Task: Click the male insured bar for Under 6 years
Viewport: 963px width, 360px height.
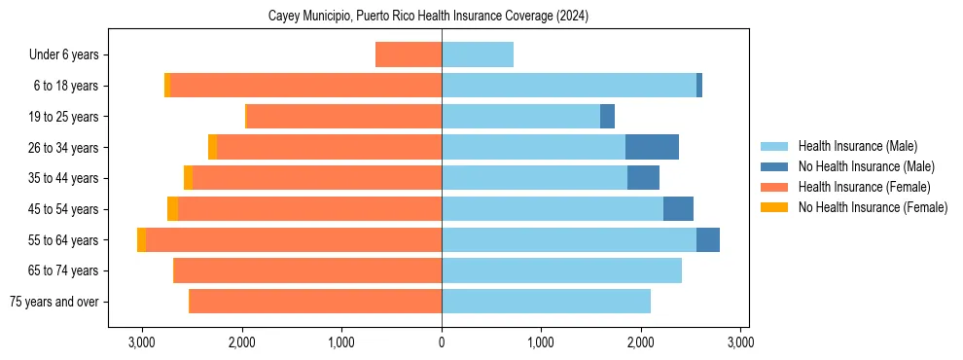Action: click(x=478, y=55)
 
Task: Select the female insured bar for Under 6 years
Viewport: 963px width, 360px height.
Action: click(x=409, y=55)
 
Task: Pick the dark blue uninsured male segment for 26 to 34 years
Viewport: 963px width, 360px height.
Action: click(x=652, y=148)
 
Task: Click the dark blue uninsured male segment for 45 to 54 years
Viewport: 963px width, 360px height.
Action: click(x=678, y=209)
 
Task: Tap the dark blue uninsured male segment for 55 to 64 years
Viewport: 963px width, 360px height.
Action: click(x=708, y=240)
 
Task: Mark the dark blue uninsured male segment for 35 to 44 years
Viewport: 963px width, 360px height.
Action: click(x=643, y=178)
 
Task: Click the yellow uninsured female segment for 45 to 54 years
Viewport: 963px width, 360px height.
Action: click(x=172, y=209)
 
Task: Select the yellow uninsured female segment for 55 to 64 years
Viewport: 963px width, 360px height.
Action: click(x=142, y=240)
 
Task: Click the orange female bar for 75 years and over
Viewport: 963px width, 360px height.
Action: click(x=315, y=302)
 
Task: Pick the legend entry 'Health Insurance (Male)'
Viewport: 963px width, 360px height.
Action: click(x=857, y=146)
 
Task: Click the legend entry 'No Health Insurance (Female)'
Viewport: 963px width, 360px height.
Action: click(x=873, y=207)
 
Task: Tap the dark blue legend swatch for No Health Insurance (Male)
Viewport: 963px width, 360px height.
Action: click(x=775, y=166)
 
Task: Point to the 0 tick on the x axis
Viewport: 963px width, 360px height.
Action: click(x=442, y=342)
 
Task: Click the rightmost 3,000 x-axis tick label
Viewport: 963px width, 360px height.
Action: click(x=739, y=342)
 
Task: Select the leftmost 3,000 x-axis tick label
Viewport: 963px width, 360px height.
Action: click(x=142, y=342)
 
